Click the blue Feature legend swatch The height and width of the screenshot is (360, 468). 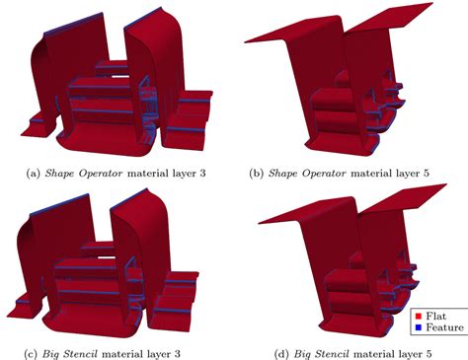point(421,326)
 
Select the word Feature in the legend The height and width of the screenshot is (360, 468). point(445,326)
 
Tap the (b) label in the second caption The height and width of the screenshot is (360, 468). point(257,173)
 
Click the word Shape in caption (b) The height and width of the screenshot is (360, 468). point(283,173)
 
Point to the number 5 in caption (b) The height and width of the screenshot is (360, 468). point(430,173)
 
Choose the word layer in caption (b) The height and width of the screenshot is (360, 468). point(408,173)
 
